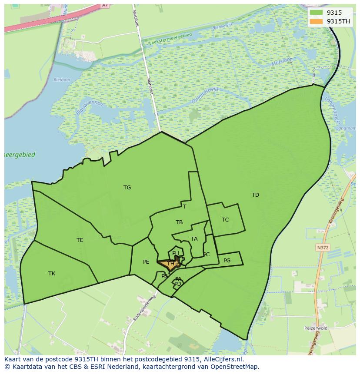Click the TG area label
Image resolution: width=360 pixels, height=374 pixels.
[127, 188]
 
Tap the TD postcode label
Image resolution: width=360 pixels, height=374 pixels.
[255, 195]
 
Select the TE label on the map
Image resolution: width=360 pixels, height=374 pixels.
[80, 240]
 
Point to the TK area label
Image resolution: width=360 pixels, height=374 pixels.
[52, 274]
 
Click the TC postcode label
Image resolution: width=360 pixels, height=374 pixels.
[225, 220]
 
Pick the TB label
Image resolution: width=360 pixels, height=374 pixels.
[179, 222]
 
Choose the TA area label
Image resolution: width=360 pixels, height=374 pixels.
[194, 239]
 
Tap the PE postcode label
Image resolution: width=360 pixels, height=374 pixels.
[146, 262]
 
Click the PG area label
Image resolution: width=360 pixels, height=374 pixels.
[227, 261]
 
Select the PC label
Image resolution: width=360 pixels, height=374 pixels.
[207, 255]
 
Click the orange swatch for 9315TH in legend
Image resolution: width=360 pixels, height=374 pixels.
[317, 21]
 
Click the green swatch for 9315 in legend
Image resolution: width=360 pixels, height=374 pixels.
[317, 13]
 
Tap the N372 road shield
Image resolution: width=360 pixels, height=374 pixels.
[322, 248]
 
